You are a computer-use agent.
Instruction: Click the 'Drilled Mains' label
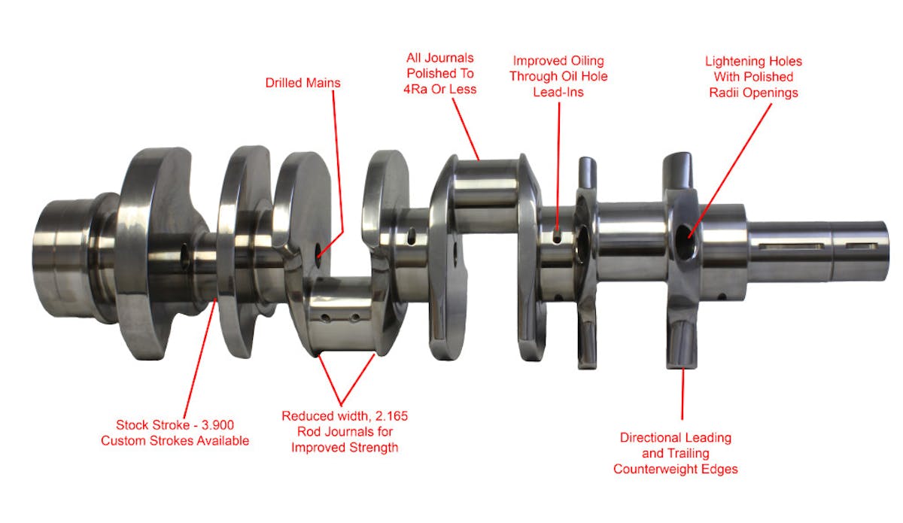tap(303, 83)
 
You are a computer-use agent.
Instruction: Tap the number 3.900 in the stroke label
tap(217, 425)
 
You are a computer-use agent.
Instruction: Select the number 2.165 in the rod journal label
tap(391, 415)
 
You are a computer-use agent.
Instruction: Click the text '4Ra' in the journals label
tap(415, 89)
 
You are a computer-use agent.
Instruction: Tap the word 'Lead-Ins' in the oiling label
tap(558, 92)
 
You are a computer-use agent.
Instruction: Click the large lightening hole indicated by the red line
tap(684, 242)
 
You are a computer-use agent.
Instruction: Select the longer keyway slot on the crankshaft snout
tap(791, 246)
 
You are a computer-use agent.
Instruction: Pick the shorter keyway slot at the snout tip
tap(862, 245)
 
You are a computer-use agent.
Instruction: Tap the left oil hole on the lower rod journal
tap(325, 318)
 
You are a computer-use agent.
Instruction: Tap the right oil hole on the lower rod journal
tap(354, 318)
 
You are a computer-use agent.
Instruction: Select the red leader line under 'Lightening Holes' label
tap(730, 171)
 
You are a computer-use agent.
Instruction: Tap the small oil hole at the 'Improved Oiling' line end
tap(557, 238)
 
